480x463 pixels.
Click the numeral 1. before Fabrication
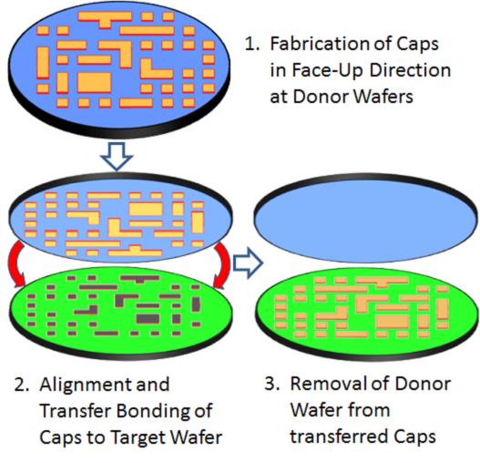pos(252,45)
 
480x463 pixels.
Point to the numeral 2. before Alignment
pos(22,385)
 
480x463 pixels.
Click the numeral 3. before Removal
pos(271,384)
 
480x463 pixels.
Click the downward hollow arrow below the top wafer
pos(117,156)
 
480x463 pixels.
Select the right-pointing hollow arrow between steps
pos(249,263)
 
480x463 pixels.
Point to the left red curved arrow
pos(15,262)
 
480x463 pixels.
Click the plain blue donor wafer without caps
pos(366,219)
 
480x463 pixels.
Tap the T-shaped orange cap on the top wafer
pos(105,18)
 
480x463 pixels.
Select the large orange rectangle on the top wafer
pos(94,83)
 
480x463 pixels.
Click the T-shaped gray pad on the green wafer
pos(140,279)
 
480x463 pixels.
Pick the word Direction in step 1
pos(410,70)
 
